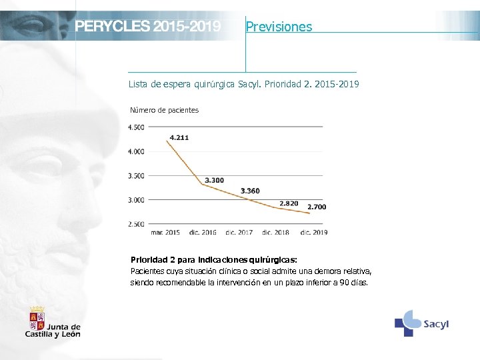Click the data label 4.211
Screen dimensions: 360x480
(179, 137)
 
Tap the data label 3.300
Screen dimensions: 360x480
(214, 180)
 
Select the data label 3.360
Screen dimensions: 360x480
(250, 191)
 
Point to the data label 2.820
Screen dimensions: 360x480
(289, 203)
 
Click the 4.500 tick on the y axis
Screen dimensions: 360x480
(135, 127)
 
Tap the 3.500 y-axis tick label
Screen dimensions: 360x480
(135, 176)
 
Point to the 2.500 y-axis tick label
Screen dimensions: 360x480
(135, 225)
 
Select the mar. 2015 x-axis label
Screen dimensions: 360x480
(165, 232)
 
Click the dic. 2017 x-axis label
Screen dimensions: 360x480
(239, 232)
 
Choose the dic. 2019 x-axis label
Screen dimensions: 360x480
(313, 232)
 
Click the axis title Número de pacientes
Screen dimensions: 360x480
(164, 110)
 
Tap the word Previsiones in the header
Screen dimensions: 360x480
(279, 27)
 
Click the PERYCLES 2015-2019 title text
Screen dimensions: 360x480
(147, 27)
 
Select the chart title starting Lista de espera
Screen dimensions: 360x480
(243, 85)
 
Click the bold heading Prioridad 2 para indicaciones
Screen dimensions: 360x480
(213, 259)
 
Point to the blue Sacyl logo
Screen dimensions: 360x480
(421, 323)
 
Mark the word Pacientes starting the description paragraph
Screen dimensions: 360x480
(146, 272)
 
